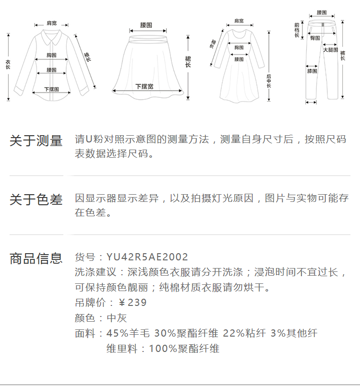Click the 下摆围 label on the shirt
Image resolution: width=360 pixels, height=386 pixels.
tap(51, 89)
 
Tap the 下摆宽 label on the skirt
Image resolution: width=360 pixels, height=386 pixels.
tap(144, 86)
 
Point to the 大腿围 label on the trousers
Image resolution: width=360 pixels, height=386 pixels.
tap(330, 50)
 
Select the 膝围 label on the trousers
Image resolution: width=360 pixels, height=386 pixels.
tap(312, 71)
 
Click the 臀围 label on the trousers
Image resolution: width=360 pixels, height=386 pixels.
tap(315, 38)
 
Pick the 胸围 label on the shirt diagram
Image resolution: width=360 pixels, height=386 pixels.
tap(52, 55)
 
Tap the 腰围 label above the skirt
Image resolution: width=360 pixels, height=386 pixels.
tap(146, 24)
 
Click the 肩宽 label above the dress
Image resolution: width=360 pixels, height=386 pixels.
tap(239, 21)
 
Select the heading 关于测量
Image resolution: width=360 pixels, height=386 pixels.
tap(36, 141)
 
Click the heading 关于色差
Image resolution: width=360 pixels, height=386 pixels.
tap(36, 200)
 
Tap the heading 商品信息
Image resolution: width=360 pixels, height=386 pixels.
tap(36, 258)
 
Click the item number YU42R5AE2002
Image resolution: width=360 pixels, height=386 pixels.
tap(147, 257)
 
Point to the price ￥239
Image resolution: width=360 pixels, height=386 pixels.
tap(132, 303)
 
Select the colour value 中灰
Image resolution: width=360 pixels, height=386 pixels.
tap(117, 318)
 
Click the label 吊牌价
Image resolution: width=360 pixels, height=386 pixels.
tap(88, 303)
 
